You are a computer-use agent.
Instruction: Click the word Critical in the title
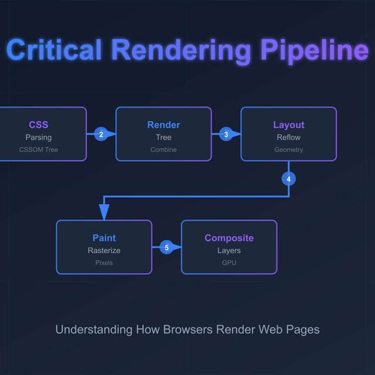[54, 50]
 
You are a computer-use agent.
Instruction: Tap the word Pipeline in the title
[314, 50]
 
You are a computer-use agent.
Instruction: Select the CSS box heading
[39, 125]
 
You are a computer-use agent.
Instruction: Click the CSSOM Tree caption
[39, 149]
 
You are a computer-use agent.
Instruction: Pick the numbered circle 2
[101, 134]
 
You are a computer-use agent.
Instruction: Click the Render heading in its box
[163, 125]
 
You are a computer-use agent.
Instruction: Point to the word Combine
[163, 149]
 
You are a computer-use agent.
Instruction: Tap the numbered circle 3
[226, 134]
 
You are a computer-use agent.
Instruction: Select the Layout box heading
[289, 125]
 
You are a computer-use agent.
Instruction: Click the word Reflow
[289, 137]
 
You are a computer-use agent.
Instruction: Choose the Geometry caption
[289, 149]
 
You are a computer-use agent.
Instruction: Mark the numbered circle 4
[289, 179]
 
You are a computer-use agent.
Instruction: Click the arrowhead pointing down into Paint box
[104, 213]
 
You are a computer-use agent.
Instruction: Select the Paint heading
[104, 238]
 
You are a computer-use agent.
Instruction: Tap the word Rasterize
[104, 250]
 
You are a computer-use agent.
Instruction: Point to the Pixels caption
[104, 262]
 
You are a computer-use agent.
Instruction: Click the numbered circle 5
[166, 248]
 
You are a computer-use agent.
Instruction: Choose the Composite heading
[229, 238]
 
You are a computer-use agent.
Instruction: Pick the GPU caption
[229, 262]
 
